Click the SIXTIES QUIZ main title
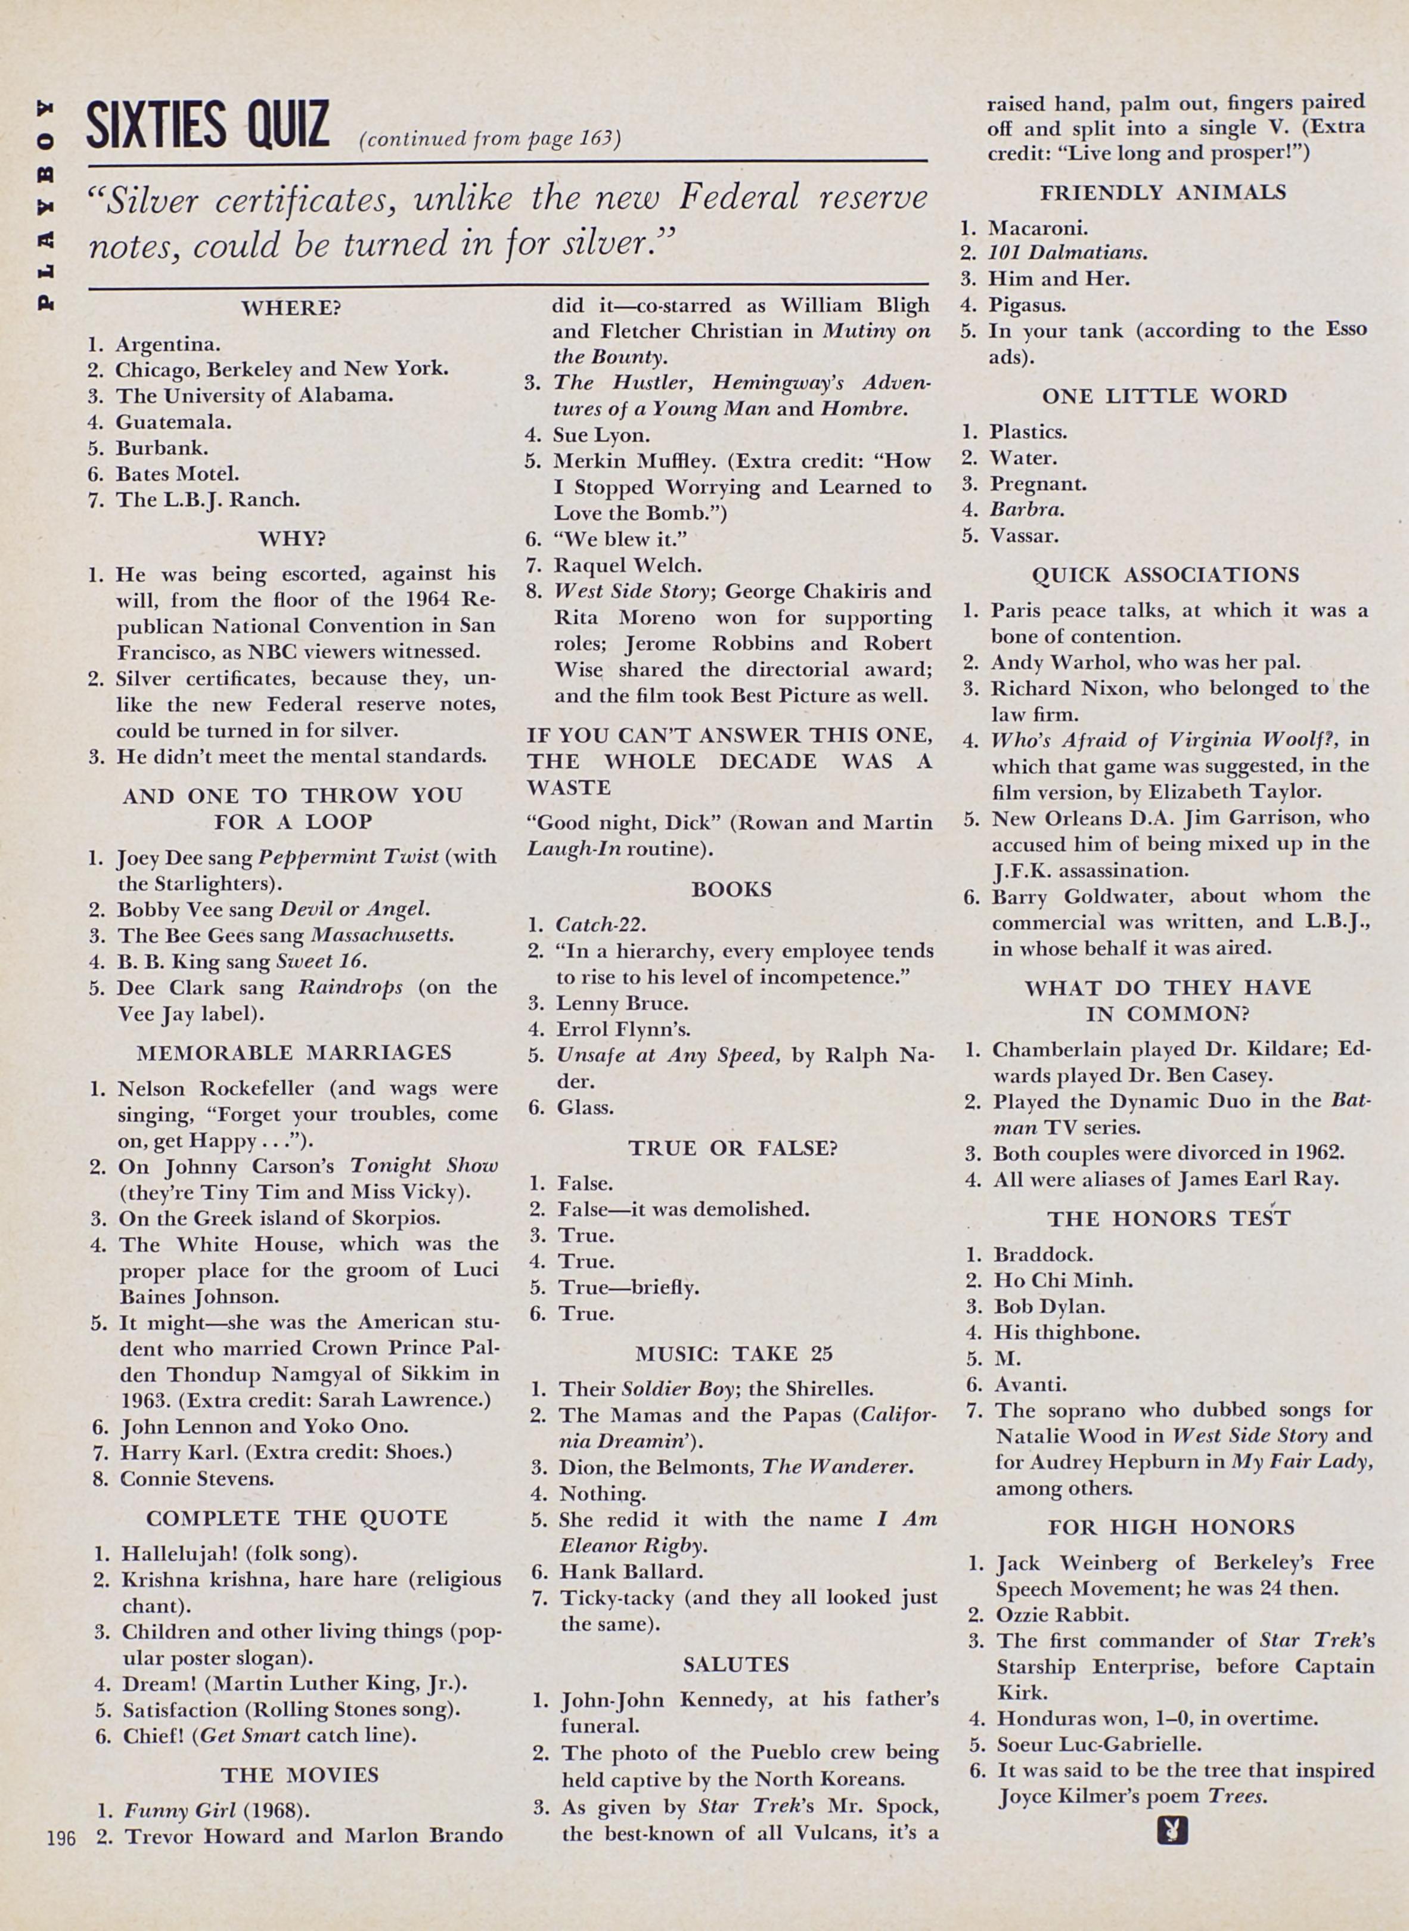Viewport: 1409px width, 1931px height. (x=207, y=125)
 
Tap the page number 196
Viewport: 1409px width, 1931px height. (x=61, y=1838)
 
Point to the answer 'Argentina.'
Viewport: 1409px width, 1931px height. (x=168, y=345)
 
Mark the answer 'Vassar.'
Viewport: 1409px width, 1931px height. (x=1023, y=535)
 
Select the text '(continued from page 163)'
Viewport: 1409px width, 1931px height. (x=489, y=138)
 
